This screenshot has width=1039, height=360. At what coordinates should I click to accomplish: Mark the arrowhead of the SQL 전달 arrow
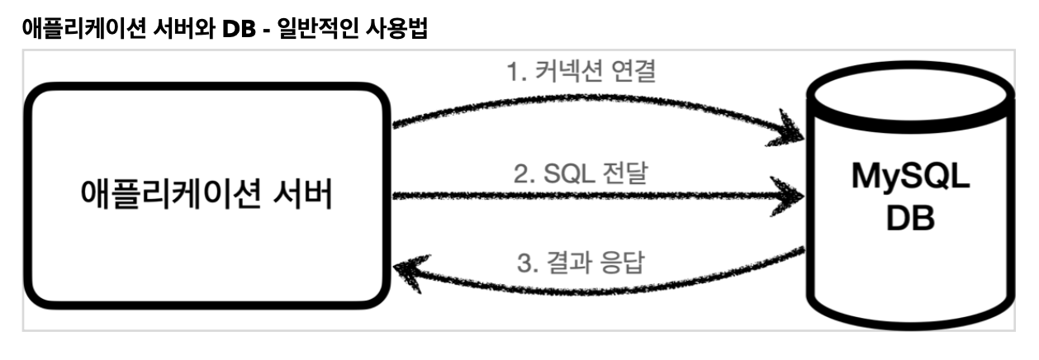pos(794,197)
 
